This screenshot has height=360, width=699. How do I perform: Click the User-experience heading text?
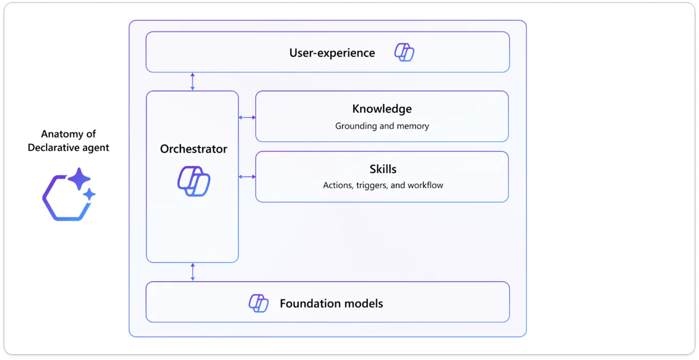coord(332,53)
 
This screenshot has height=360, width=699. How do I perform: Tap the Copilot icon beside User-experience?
coord(404,52)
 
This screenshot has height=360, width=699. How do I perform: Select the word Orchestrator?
coord(194,149)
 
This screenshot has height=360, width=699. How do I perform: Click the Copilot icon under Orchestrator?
coord(194,181)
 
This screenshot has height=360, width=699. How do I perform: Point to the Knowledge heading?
coord(382,109)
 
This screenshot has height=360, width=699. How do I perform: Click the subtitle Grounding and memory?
coord(382,126)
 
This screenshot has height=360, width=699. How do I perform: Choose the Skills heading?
coord(383,169)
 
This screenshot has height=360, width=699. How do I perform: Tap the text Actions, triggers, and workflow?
coord(383,185)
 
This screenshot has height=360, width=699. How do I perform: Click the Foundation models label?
coord(331,303)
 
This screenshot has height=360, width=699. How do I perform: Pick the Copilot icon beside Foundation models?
coord(259,303)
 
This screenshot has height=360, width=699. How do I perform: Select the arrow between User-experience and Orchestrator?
coord(193,81)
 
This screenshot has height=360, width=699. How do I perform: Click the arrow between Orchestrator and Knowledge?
coord(247,117)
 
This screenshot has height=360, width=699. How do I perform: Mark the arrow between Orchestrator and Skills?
coord(247,177)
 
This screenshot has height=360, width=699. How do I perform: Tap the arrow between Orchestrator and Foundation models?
coord(193,272)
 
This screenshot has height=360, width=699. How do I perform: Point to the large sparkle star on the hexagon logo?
coord(79,179)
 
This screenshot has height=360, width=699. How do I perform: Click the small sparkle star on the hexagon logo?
coord(89,195)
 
